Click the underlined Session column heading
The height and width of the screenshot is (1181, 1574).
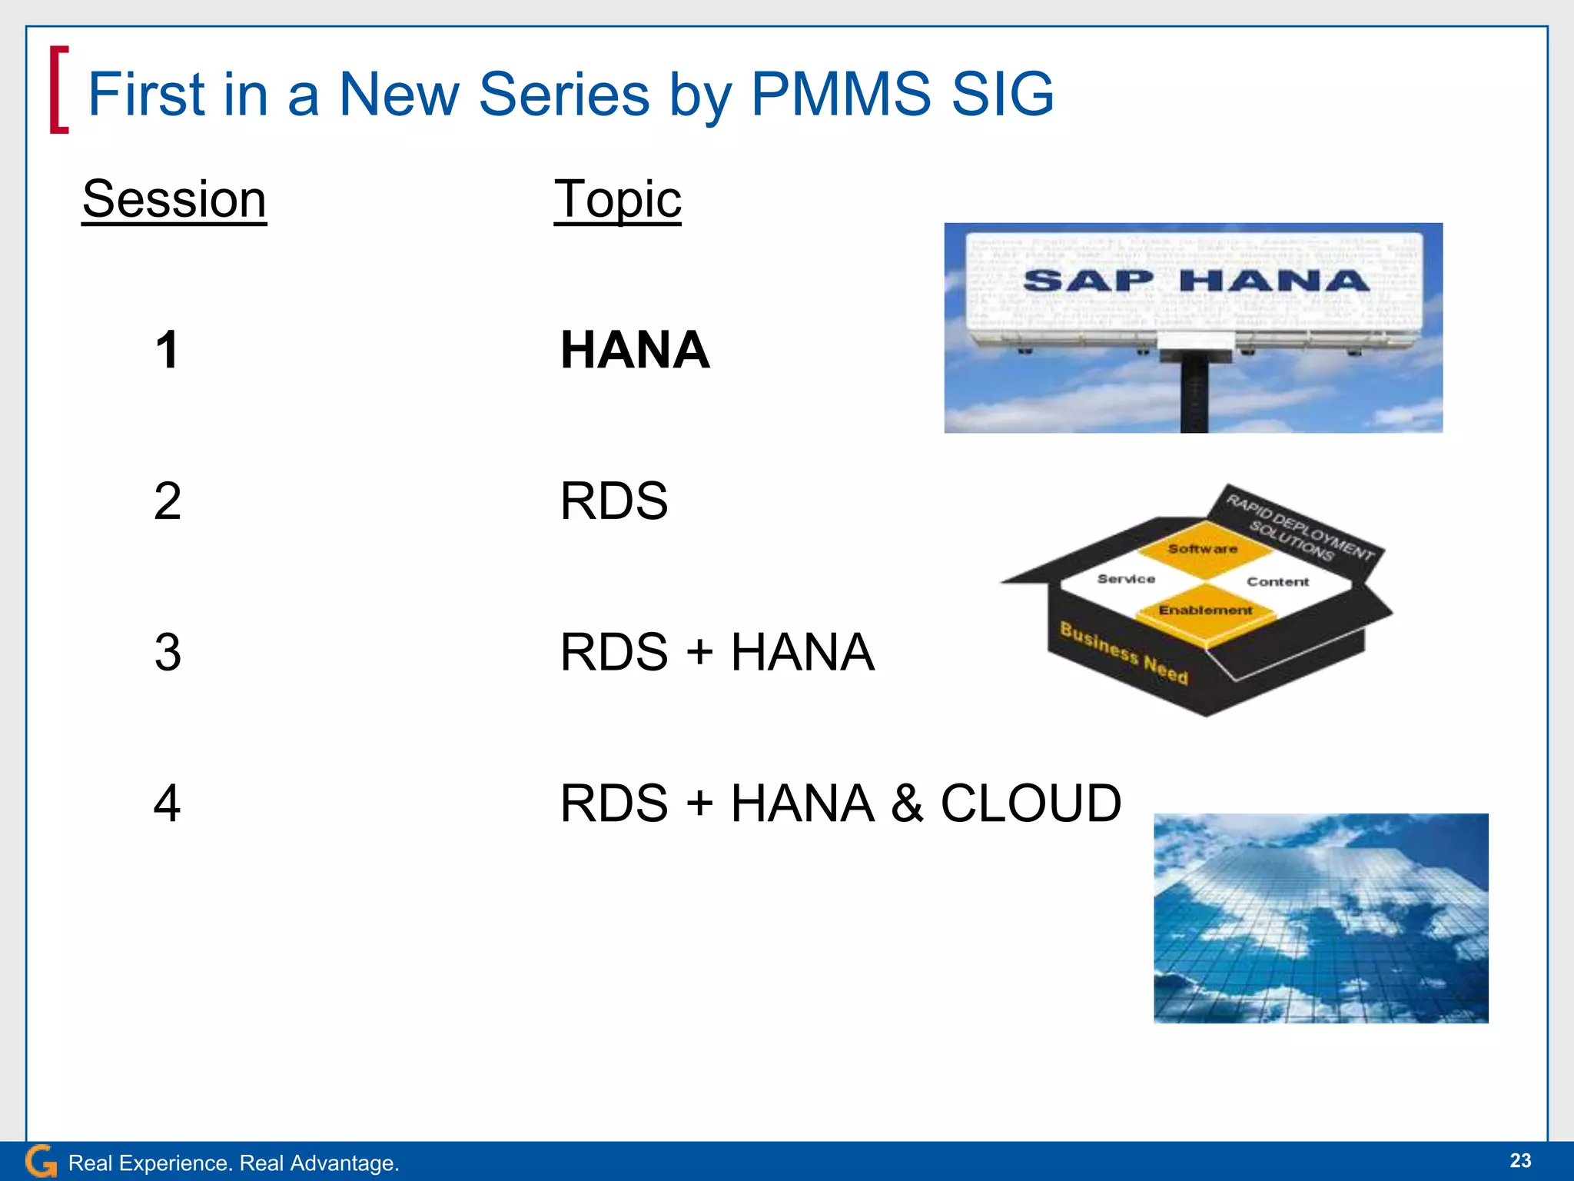click(x=174, y=199)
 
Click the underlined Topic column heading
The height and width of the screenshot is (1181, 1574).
click(x=617, y=199)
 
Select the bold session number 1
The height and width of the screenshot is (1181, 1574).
click(x=168, y=350)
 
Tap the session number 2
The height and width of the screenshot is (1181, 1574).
click(x=168, y=501)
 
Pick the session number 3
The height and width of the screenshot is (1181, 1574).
click(x=168, y=653)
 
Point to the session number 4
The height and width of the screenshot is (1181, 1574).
click(x=168, y=803)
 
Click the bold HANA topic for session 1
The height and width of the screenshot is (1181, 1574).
click(x=635, y=350)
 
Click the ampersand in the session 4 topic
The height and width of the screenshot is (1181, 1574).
click(x=907, y=803)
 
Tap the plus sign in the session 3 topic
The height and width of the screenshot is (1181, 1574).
click(x=699, y=653)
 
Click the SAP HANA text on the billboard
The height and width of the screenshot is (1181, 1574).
click(x=1196, y=281)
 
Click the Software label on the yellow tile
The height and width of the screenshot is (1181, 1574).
click(x=1203, y=548)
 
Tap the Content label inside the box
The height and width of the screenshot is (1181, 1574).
click(x=1277, y=582)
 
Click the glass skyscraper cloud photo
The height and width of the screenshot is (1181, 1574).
click(x=1320, y=918)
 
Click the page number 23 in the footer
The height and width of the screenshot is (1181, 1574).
click(x=1519, y=1160)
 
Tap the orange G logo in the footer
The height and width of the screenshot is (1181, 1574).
click(x=41, y=1161)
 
